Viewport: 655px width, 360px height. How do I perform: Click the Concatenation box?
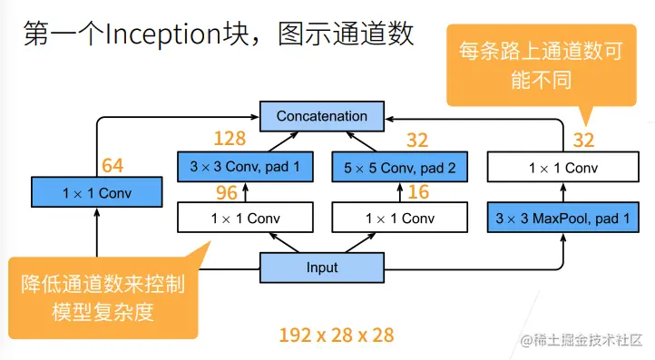coord(321,116)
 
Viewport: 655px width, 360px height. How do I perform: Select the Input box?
coord(321,268)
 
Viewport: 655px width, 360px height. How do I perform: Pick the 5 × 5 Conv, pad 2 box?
coord(399,167)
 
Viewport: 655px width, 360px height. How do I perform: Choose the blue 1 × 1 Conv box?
coord(96,192)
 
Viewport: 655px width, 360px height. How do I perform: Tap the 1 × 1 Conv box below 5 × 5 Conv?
coord(399,219)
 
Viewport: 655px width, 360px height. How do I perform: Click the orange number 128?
coord(230,139)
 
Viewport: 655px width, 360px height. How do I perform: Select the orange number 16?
coord(417,192)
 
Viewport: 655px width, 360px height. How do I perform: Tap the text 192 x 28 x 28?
coord(336,335)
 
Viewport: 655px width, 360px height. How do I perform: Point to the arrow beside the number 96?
coord(243,192)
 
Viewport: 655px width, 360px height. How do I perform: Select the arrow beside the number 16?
coord(399,192)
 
